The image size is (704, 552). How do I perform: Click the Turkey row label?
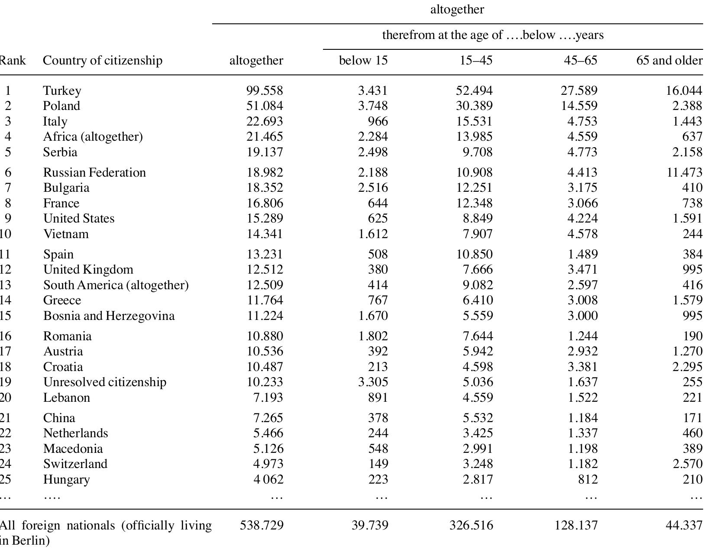pos(62,90)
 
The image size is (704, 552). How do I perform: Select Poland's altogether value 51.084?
pos(265,106)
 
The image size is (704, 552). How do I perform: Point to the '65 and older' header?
pos(669,60)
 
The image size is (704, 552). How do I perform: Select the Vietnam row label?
pos(66,234)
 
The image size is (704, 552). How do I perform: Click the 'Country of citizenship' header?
pos(103,60)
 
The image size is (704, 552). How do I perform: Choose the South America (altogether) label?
pos(116,285)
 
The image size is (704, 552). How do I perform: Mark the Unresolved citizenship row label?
pos(105,382)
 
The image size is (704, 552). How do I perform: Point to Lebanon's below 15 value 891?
pos(377,397)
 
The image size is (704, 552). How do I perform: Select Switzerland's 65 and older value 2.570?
pos(688,464)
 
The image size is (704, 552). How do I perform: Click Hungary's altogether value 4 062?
pos(268,479)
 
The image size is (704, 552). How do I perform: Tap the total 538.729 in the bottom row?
pos(262,525)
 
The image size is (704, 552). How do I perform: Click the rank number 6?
pos(8,172)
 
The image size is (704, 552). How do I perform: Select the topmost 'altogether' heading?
pos(457,10)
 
